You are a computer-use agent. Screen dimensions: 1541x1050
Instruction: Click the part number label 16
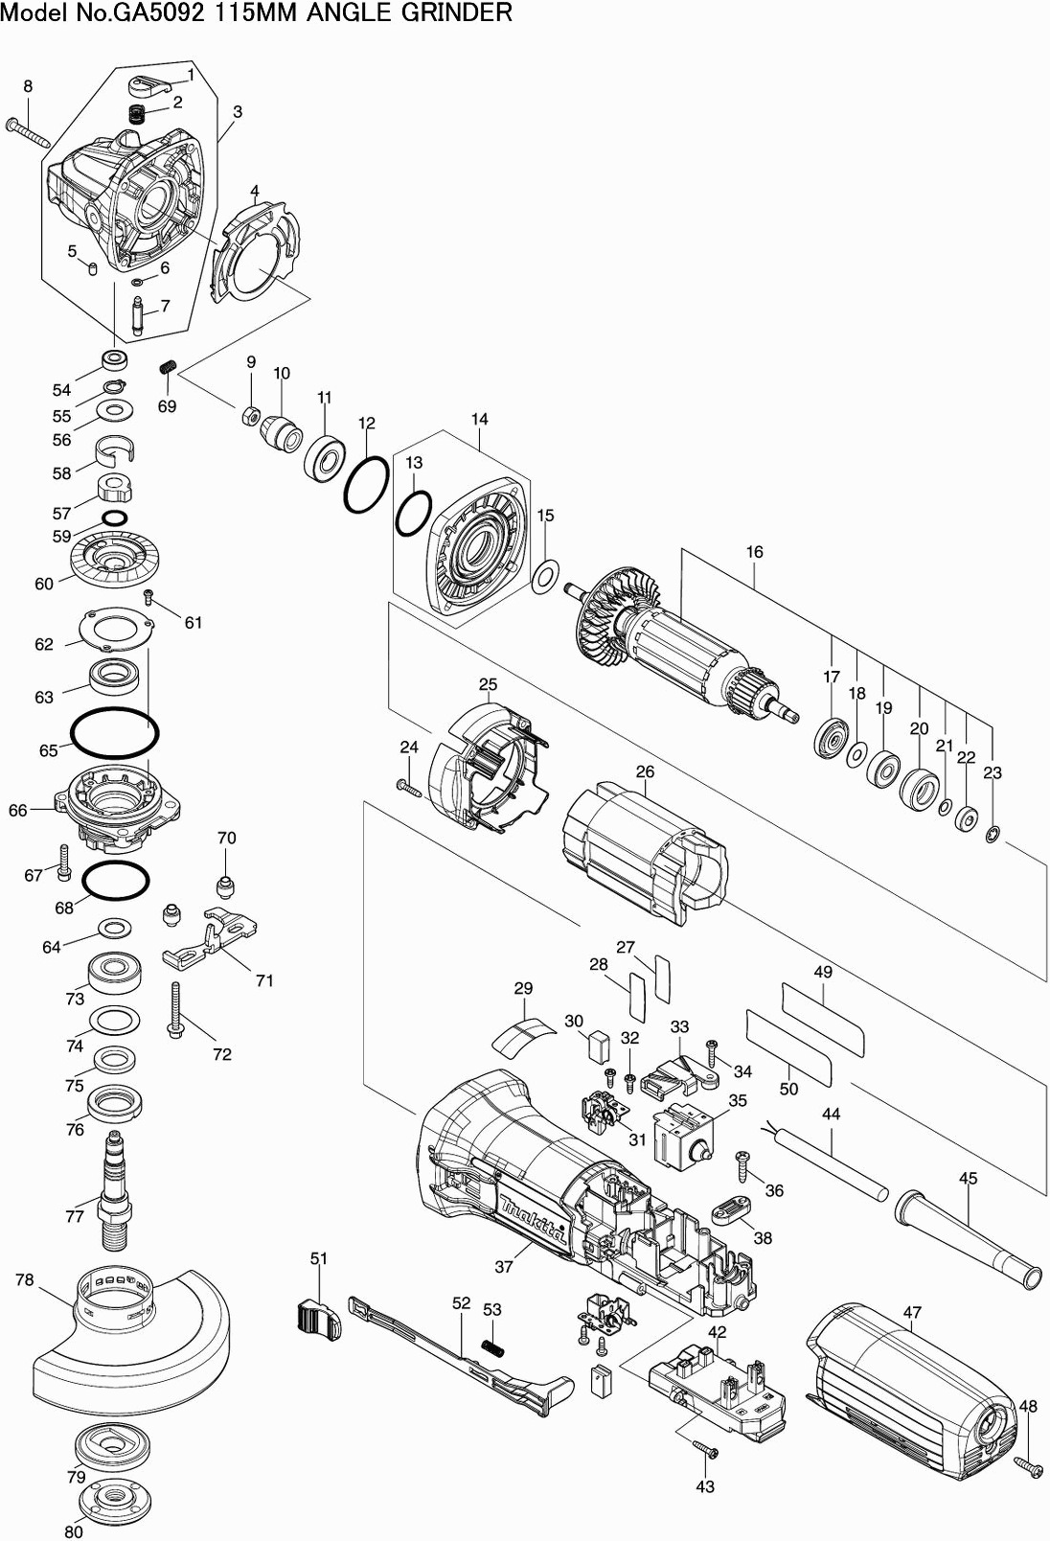755,552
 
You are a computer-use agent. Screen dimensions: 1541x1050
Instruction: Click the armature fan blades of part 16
604,618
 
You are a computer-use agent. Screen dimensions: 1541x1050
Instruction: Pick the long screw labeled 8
28,132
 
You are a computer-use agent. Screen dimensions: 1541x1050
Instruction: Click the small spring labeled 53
491,1346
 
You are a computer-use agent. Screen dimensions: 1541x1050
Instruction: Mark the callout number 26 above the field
645,771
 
